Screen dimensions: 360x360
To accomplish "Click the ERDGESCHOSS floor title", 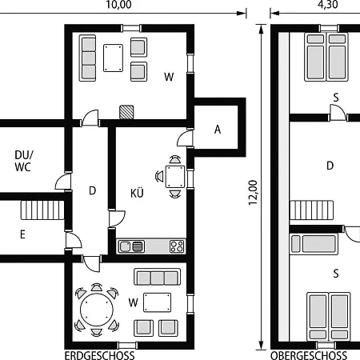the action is [x=99, y=356].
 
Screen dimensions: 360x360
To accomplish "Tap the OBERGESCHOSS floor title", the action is [x=309, y=356].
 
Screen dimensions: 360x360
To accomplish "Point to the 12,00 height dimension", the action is [x=253, y=193].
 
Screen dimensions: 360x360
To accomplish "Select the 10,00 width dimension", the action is [x=118, y=5].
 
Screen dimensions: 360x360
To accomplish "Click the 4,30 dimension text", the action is [x=328, y=5].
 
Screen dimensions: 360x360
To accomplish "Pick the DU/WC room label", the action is [x=24, y=161].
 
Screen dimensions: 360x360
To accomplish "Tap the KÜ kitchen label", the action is [x=137, y=193].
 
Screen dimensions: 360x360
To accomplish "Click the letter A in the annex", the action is [x=218, y=130].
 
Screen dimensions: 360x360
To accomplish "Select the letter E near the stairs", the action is [x=22, y=234].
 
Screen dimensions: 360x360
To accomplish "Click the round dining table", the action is [x=97, y=310].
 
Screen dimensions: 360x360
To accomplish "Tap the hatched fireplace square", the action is [x=126, y=112].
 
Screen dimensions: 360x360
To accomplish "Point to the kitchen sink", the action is [x=131, y=246].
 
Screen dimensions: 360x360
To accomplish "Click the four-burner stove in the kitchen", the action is [x=177, y=246].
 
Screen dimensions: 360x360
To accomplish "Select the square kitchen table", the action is [x=175, y=177].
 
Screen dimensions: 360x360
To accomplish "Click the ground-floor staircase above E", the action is [x=42, y=210].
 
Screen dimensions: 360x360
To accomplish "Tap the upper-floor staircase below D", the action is [x=311, y=210].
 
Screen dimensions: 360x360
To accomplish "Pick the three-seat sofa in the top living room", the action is [x=87, y=58].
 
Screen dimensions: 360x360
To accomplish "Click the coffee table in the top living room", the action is [x=113, y=58].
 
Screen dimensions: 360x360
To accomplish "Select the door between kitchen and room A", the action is [x=186, y=138].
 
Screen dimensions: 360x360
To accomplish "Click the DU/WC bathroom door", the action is [x=64, y=182].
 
